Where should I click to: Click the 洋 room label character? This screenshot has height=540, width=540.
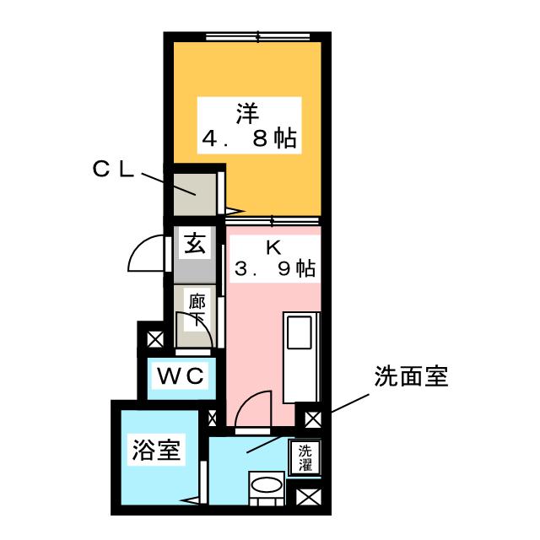[248, 112]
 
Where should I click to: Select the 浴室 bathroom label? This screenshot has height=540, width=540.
[156, 450]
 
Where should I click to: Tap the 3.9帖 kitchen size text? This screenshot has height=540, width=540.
[274, 270]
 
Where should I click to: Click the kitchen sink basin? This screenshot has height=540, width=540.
[300, 332]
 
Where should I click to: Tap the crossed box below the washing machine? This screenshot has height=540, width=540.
[306, 498]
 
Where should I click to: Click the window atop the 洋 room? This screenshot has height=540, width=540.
[259, 37]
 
